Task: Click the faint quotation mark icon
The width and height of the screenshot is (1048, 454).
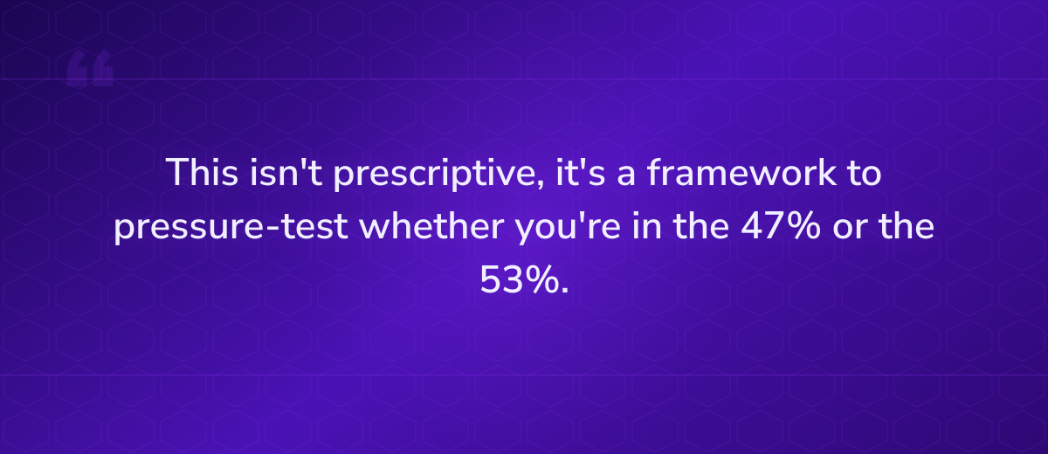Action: pyautogui.click(x=90, y=70)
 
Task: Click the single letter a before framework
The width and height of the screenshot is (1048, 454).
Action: pyautogui.click(x=616, y=175)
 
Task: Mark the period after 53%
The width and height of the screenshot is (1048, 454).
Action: pyautogui.click(x=564, y=292)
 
